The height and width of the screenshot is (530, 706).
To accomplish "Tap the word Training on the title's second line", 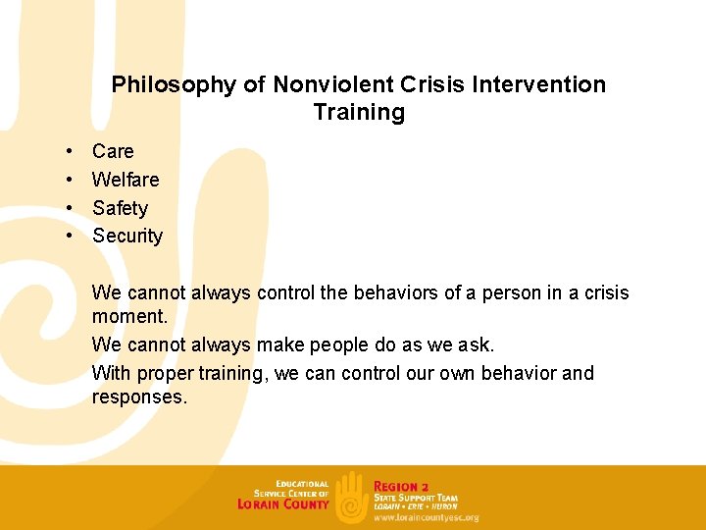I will [359, 112].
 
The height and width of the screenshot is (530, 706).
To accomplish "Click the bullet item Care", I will [113, 151].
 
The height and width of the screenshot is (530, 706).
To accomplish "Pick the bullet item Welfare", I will [126, 180].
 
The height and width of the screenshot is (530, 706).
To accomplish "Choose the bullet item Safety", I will [120, 208].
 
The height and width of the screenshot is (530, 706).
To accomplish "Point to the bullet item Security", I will [127, 236].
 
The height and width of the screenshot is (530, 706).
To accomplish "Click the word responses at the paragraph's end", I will [138, 397].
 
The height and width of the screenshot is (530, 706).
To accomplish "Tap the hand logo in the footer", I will [351, 497].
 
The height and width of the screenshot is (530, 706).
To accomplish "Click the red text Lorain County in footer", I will [283, 504].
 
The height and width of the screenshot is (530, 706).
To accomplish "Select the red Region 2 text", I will [401, 486].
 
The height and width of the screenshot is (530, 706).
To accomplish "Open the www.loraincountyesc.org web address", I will [426, 517].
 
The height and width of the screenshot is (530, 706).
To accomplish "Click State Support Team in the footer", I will [415, 498].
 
